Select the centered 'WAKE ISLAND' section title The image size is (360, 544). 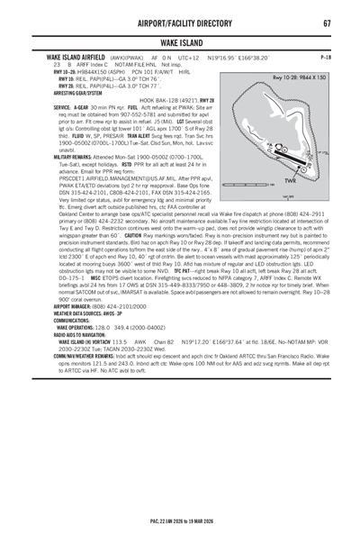tap(180, 41)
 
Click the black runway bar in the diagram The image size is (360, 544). tap(279, 141)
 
